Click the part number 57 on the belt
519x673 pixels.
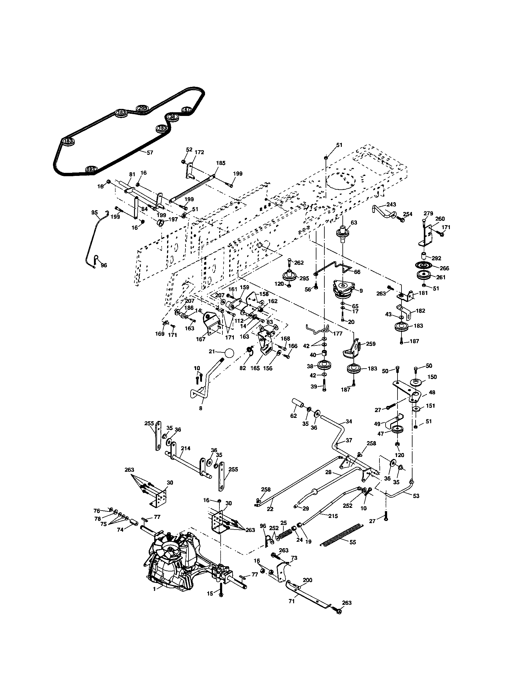point(150,153)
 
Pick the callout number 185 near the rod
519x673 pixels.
point(221,163)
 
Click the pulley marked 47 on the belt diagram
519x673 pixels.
point(187,109)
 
